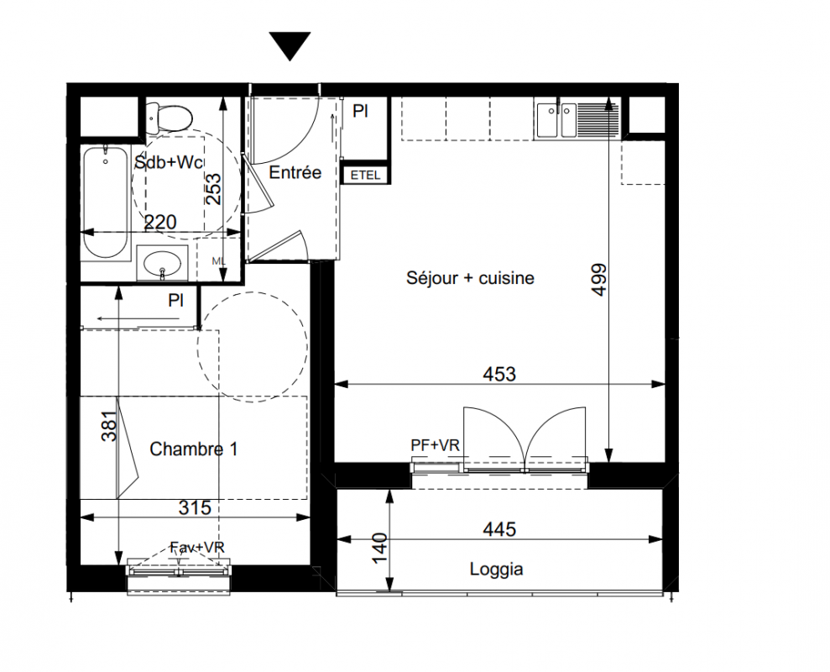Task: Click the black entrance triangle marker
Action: pos(290,46)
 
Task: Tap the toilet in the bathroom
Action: pos(169,118)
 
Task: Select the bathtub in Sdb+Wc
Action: pos(106,203)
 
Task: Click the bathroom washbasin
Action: pos(162,262)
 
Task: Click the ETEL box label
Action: pos(366,175)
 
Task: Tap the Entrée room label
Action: pos(295,172)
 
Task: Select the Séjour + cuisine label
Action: pos(470,278)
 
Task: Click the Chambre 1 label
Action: pos(193,449)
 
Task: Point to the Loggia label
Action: pos(497,570)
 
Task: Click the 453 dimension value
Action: pos(499,374)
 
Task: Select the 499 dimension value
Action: pos(599,279)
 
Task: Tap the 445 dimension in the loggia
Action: pos(499,529)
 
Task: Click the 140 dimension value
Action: pos(379,549)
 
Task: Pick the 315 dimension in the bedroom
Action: pos(195,507)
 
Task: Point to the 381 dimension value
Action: pos(109,426)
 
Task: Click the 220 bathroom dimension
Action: pos(160,222)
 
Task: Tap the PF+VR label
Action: pos(435,446)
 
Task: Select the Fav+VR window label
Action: pos(197,548)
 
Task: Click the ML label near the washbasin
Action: pos(218,260)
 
